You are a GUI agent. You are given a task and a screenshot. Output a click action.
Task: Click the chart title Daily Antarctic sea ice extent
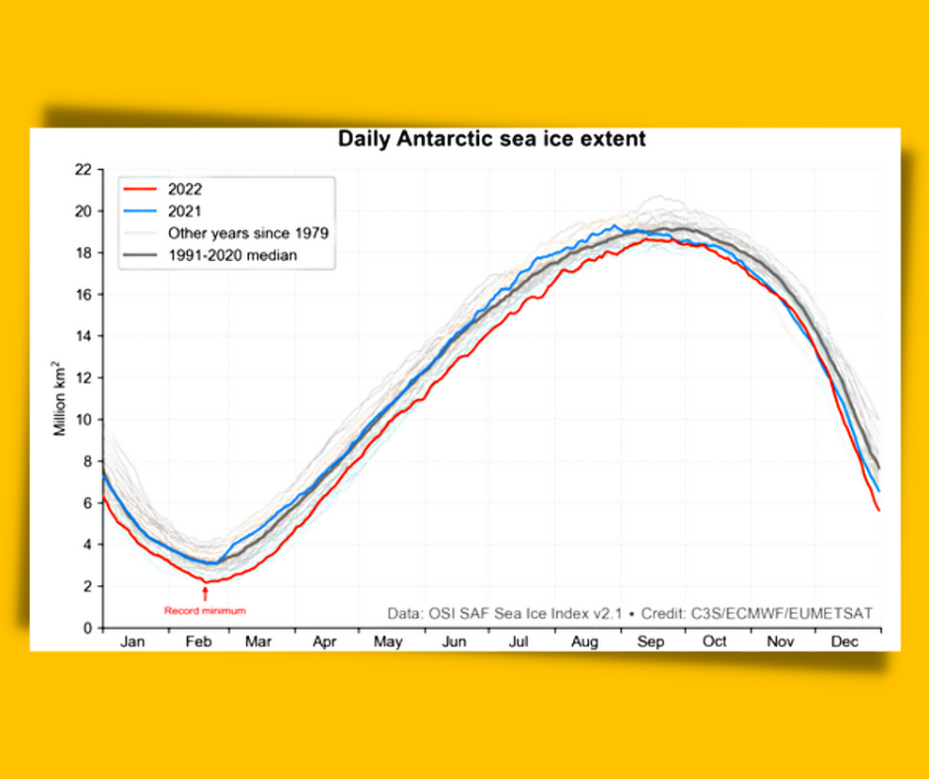click(x=491, y=139)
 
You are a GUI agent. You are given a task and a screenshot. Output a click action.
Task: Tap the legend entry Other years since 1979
click(x=247, y=233)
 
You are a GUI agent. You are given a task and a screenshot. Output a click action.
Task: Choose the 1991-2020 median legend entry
click(x=232, y=255)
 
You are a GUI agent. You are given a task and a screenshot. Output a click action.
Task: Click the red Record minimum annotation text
click(x=205, y=610)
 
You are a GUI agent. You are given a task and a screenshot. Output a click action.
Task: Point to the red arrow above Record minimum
click(x=205, y=593)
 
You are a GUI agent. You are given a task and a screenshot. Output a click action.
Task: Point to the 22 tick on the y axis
click(x=84, y=170)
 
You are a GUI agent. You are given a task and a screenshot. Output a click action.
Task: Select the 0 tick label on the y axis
click(x=88, y=628)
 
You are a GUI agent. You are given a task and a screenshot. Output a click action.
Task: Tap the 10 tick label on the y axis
click(x=84, y=419)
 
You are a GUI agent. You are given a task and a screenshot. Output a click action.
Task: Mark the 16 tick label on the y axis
click(x=84, y=295)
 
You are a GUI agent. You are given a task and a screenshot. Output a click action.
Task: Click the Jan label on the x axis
click(x=132, y=642)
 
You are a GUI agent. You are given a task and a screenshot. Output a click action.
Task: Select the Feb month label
click(x=199, y=642)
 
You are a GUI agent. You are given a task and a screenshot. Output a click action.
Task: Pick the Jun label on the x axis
click(x=454, y=642)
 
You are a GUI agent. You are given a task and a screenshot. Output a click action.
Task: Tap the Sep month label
click(x=649, y=642)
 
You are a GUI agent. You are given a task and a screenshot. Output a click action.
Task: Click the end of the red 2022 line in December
click(x=879, y=510)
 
